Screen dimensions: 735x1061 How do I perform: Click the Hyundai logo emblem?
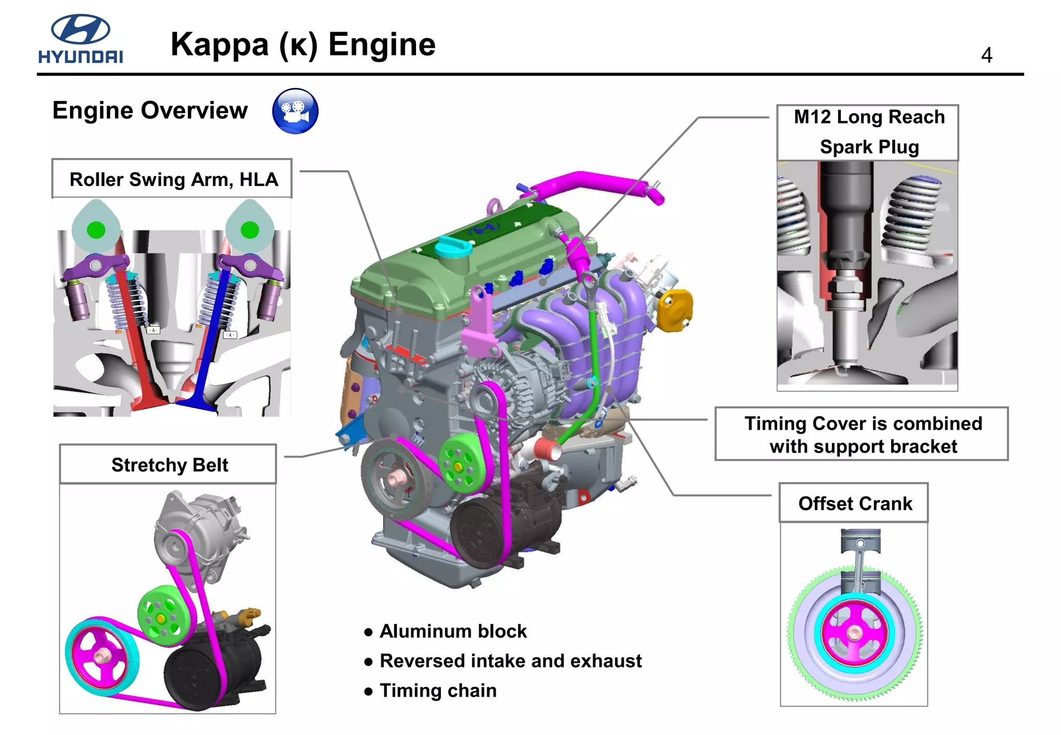[x=80, y=29]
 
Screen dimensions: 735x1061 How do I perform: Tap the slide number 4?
[x=986, y=55]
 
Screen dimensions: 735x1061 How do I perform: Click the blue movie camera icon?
[x=295, y=111]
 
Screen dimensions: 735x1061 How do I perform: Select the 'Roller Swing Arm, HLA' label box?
[x=172, y=179]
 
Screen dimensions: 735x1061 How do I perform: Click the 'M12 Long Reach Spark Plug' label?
[x=868, y=132]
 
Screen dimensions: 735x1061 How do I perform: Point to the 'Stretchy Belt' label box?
[x=168, y=464]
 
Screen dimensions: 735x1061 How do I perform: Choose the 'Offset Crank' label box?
[x=854, y=503]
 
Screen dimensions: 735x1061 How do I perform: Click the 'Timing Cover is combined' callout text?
[x=862, y=423]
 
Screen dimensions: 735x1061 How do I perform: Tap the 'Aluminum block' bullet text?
[x=452, y=631]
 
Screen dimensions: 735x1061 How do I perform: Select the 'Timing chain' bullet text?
[x=438, y=690]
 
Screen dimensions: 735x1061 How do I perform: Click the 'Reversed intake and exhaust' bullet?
[x=510, y=661]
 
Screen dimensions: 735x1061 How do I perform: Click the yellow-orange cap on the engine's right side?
[x=675, y=310]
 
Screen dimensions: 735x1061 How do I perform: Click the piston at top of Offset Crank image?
[x=860, y=542]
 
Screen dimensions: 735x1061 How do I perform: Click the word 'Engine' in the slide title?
[x=382, y=44]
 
